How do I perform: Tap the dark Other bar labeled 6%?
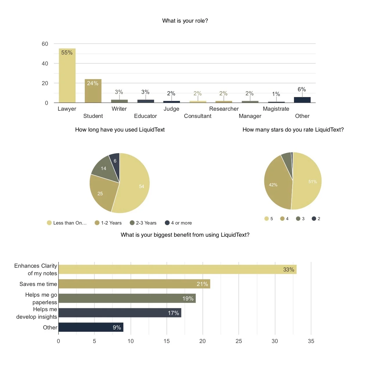pyautogui.click(x=302, y=100)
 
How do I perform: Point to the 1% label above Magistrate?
pyautogui.click(x=276, y=94)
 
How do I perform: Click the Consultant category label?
pyautogui.click(x=198, y=116)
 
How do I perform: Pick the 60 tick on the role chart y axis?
pyautogui.click(x=45, y=44)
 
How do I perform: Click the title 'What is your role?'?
pyautogui.click(x=185, y=21)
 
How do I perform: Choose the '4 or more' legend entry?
pyautogui.click(x=178, y=223)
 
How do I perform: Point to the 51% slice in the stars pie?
pyautogui.click(x=309, y=181)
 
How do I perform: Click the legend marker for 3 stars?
pyautogui.click(x=298, y=218)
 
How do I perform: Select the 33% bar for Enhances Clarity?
pyautogui.click(x=177, y=269)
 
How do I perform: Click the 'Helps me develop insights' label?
pyautogui.click(x=37, y=313)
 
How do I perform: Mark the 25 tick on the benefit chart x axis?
pyautogui.click(x=239, y=341)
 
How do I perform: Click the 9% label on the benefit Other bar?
pyautogui.click(x=117, y=327)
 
